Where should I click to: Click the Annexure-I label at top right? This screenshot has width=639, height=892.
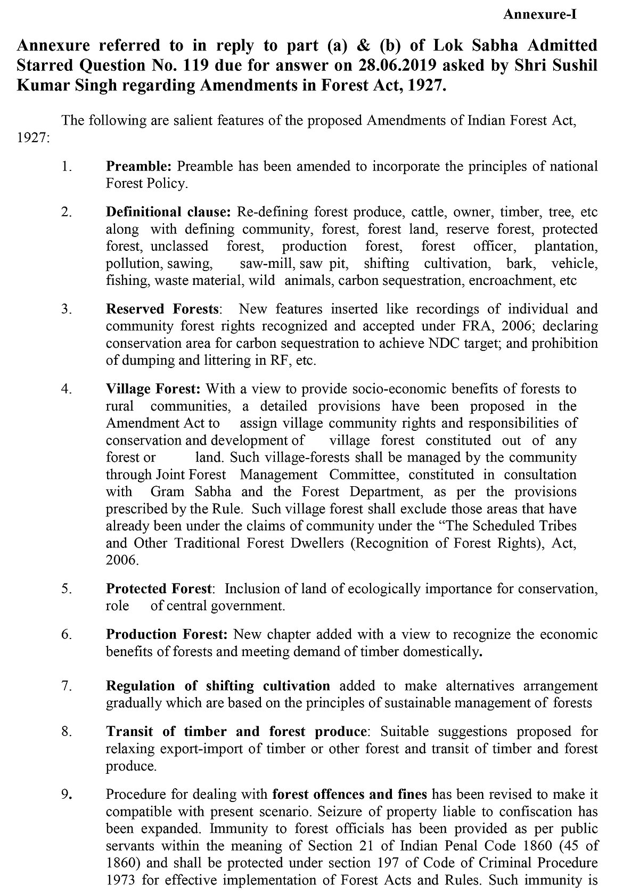coord(540,14)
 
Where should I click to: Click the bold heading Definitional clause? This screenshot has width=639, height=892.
coord(168,212)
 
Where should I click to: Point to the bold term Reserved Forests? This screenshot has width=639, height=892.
coord(162,309)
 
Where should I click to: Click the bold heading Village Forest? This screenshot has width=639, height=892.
coord(153,389)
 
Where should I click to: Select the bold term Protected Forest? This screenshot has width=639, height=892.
coord(159,589)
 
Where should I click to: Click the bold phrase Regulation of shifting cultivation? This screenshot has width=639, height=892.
coord(218,686)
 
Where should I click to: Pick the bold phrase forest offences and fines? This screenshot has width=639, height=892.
coord(349,795)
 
